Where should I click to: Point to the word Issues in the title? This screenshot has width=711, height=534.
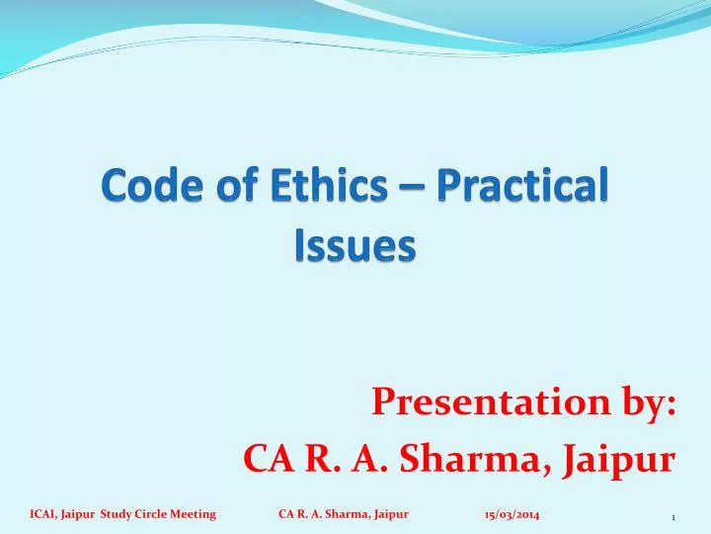click(355, 245)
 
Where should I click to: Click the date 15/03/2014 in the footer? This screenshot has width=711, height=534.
click(512, 514)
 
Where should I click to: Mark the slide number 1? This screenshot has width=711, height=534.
click(672, 517)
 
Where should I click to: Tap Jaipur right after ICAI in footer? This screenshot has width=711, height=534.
click(79, 514)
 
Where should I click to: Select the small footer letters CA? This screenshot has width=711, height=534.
click(285, 514)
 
